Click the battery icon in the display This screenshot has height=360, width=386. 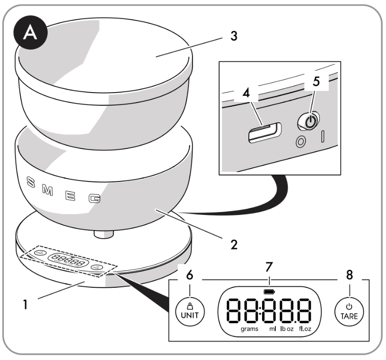(268, 292)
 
